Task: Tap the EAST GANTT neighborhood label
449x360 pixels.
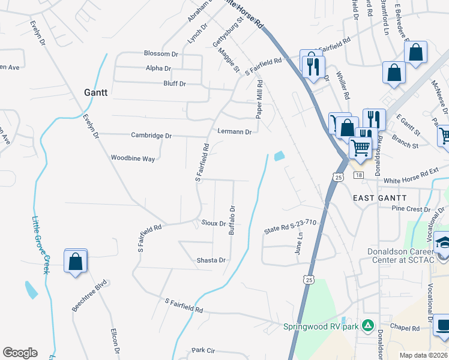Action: pyautogui.click(x=379, y=197)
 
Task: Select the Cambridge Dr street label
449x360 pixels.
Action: pyautogui.click(x=151, y=136)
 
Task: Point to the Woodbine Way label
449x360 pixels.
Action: pyautogui.click(x=133, y=158)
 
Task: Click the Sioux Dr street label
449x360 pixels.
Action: pyautogui.click(x=213, y=223)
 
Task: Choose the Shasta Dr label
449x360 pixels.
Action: pyautogui.click(x=211, y=260)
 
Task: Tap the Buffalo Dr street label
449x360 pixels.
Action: pyautogui.click(x=231, y=221)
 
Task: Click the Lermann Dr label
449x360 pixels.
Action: pyautogui.click(x=234, y=131)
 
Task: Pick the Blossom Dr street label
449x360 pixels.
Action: pyautogui.click(x=161, y=53)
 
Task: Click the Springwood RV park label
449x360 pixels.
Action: pyautogui.click(x=321, y=327)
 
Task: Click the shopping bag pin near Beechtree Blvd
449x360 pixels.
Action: pyautogui.click(x=76, y=262)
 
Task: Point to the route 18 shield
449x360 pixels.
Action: pyautogui.click(x=358, y=175)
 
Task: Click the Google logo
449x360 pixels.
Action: pyautogui.click(x=20, y=353)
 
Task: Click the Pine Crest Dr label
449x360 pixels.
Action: pyautogui.click(x=410, y=209)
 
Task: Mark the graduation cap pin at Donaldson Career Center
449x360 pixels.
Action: pyautogui.click(x=444, y=244)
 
